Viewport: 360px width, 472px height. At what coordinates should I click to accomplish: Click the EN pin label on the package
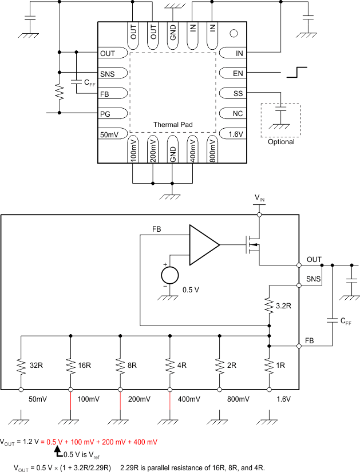238,74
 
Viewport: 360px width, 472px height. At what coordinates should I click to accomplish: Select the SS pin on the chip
238,94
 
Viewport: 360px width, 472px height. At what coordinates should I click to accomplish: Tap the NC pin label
238,114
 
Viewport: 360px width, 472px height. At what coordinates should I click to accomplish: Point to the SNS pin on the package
107,74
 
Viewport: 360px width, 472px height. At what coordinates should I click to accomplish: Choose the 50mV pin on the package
109,134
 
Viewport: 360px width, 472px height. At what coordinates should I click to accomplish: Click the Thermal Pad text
172,124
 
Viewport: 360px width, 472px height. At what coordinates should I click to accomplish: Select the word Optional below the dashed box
281,142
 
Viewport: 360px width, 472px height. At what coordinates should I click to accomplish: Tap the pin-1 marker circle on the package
233,33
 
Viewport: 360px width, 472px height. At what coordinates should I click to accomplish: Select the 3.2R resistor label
283,306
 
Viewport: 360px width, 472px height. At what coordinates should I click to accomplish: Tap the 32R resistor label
36,364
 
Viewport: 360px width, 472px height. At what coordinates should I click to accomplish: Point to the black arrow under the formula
56,453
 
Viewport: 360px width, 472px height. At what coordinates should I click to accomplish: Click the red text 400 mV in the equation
144,442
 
